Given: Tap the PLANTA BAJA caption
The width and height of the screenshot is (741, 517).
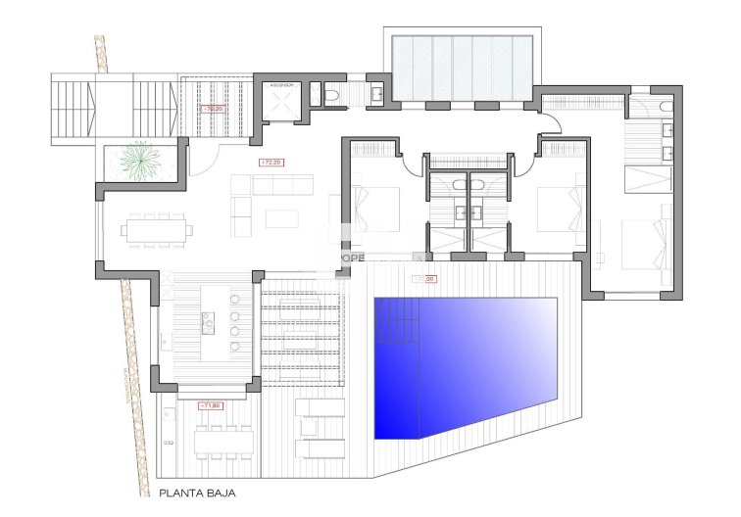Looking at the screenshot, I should coord(198,495).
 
